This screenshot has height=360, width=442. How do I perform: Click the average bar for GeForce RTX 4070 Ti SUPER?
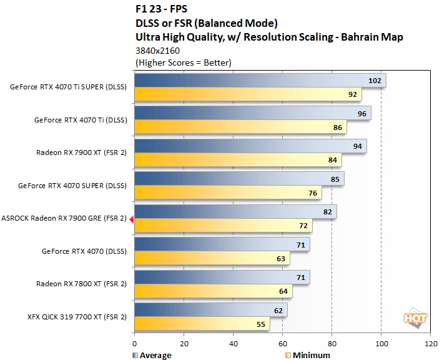260,81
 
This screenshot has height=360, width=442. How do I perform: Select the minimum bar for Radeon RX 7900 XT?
238,160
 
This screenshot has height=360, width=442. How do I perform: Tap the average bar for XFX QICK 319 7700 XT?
211,310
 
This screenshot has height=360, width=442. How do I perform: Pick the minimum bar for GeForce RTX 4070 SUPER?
228,192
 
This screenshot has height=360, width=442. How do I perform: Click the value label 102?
375,81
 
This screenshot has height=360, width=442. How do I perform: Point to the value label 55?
261,324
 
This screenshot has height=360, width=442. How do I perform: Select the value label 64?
283,291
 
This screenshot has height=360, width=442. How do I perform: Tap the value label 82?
328,212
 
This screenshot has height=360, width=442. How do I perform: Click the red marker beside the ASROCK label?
131,219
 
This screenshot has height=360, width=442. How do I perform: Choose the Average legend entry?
152,355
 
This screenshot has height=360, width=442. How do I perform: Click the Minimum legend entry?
308,355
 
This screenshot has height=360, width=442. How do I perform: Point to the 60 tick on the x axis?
283,344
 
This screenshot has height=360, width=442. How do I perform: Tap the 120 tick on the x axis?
431,344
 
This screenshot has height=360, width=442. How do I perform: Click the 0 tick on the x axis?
134,344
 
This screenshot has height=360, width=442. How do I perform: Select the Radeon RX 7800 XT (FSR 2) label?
81,284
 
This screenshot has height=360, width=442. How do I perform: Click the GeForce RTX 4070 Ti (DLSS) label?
81,120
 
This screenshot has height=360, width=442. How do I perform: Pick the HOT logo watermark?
415,318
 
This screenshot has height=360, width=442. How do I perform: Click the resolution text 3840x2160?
157,51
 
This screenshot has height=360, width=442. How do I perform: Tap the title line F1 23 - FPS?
161,9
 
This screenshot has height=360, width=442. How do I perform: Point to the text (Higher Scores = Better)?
184,62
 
